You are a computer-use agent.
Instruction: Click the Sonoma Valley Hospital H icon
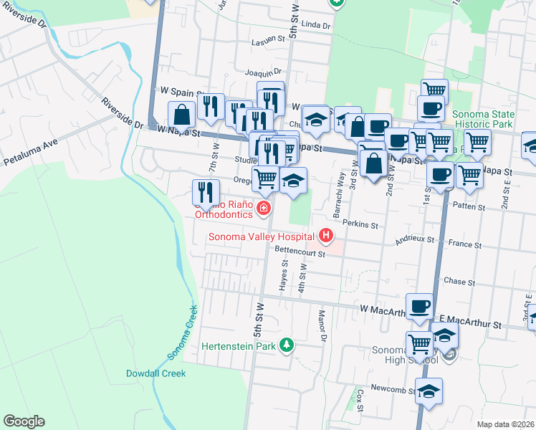pos(326,235)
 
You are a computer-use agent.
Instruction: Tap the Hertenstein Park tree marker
pos(287,345)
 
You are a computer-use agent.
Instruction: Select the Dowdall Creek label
pos(155,373)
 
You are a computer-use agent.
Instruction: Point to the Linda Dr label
pos(316,25)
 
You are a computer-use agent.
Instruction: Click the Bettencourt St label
pos(300,252)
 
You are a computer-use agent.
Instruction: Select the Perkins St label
pos(360,224)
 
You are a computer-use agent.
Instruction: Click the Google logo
pos(24,421)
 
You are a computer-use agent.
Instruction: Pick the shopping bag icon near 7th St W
pos(182,114)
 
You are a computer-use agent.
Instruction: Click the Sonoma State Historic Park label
pos(483,119)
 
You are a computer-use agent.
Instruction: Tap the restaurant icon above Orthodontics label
pos(204,192)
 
